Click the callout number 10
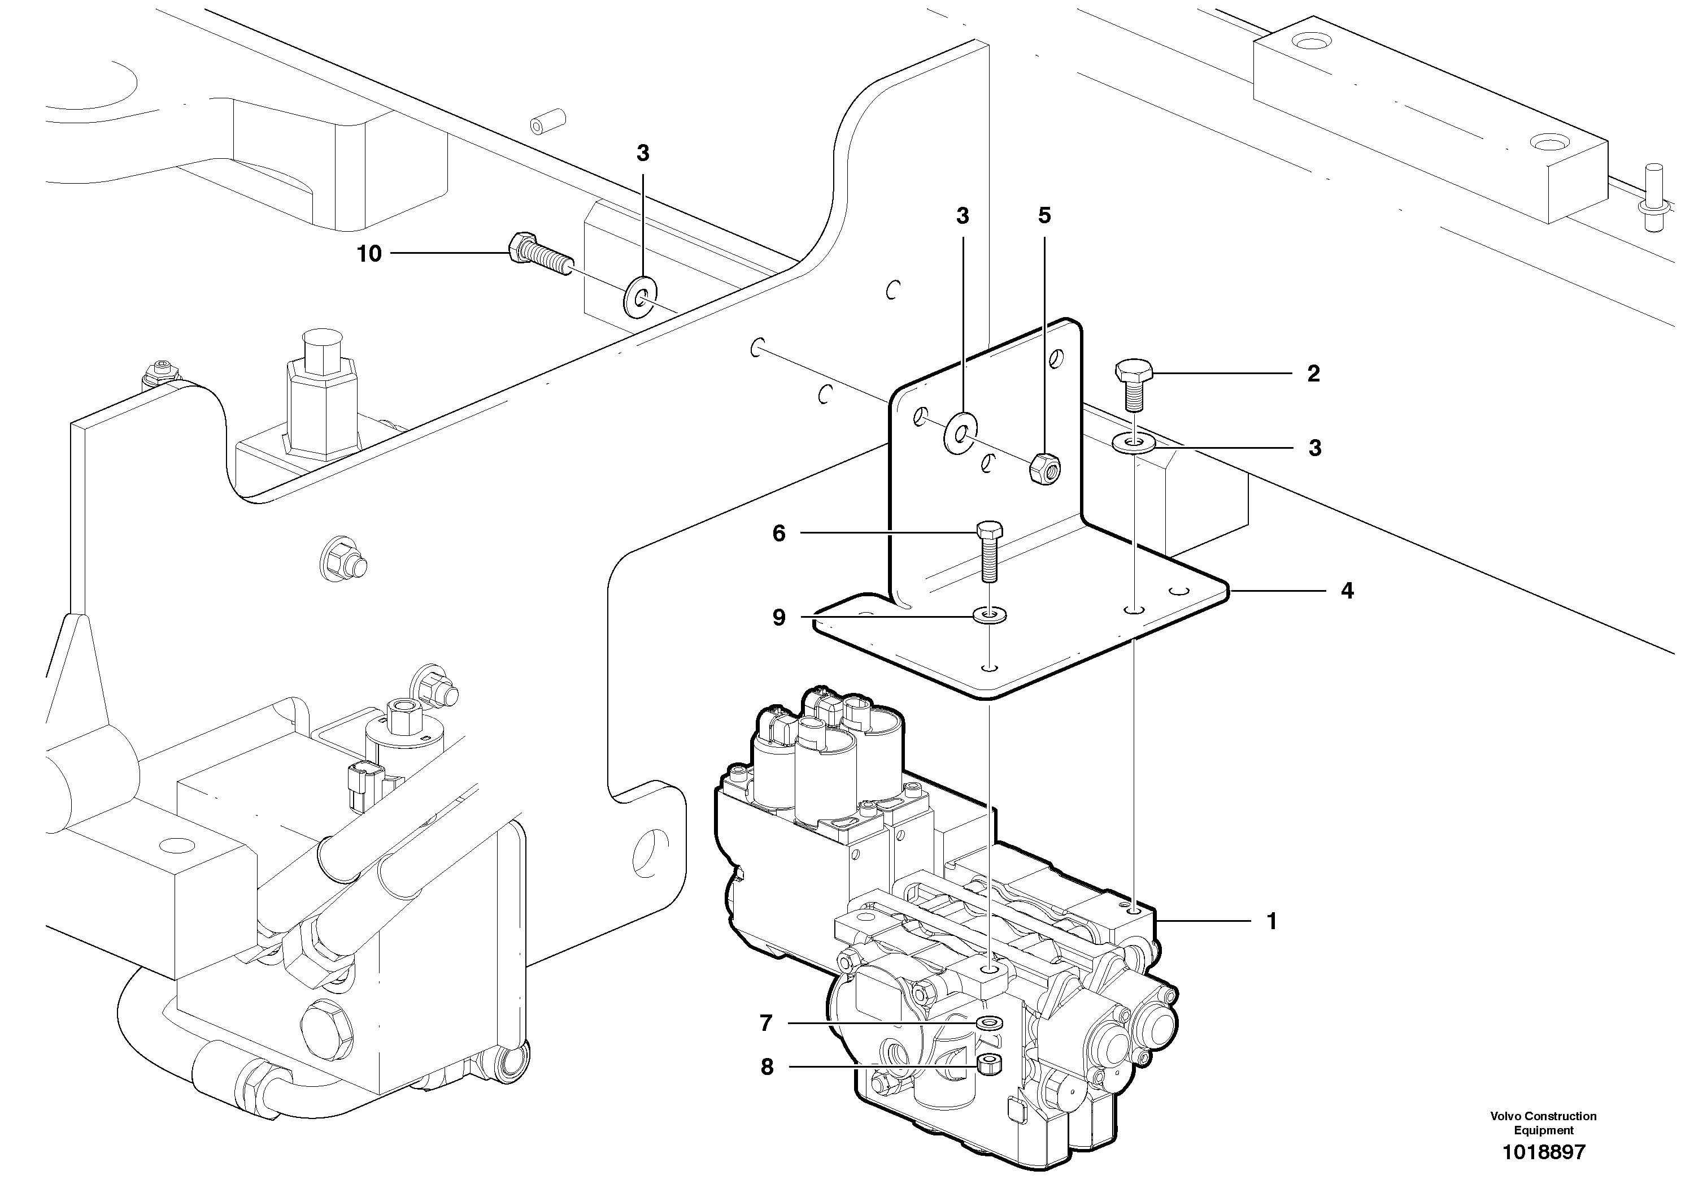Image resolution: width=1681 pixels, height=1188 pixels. (370, 254)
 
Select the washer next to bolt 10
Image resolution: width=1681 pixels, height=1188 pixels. (641, 297)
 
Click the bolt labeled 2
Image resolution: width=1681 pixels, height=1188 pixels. (1133, 384)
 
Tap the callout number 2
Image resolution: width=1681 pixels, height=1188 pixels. (1313, 374)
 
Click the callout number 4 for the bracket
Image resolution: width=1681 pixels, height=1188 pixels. (1347, 591)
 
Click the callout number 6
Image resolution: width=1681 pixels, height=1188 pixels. (779, 533)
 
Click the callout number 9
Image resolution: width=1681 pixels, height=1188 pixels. (779, 618)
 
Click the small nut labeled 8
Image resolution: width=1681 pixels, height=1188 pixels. (991, 1065)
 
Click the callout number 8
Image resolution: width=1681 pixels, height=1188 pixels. (767, 1067)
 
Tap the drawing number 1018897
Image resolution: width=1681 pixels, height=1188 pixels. (1543, 1152)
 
